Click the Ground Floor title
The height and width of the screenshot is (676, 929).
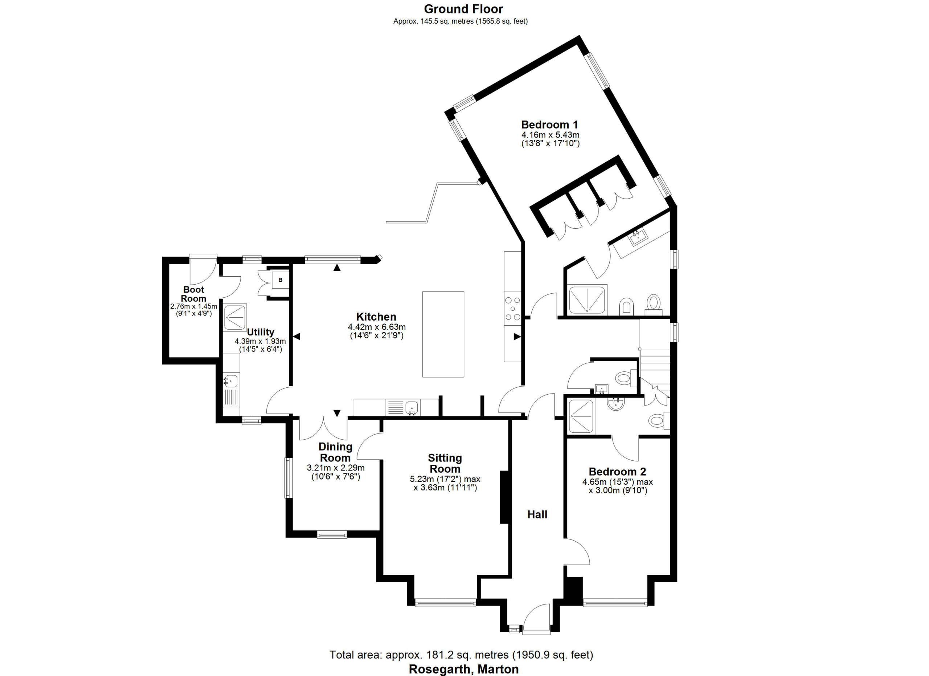point(463,9)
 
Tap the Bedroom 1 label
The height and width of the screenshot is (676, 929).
point(550,125)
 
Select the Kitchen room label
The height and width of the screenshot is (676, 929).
point(376,317)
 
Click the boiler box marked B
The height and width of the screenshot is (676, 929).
point(281,280)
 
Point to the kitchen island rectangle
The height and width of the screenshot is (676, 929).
point(443,334)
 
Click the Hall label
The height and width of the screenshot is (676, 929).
point(537,514)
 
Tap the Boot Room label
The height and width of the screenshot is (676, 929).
point(193,294)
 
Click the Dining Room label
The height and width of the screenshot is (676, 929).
point(335,452)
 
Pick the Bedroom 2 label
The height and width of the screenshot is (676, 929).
point(617,472)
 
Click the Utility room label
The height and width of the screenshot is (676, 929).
point(261,332)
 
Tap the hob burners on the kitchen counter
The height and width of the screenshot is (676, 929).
point(512,308)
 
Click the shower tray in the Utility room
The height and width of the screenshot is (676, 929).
point(236,317)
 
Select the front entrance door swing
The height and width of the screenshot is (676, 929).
point(536,619)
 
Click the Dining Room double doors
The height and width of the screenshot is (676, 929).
point(323,428)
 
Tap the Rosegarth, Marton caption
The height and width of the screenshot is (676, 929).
point(464,669)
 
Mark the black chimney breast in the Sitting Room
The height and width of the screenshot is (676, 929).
point(504,497)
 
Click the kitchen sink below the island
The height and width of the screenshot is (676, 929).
point(412,408)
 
